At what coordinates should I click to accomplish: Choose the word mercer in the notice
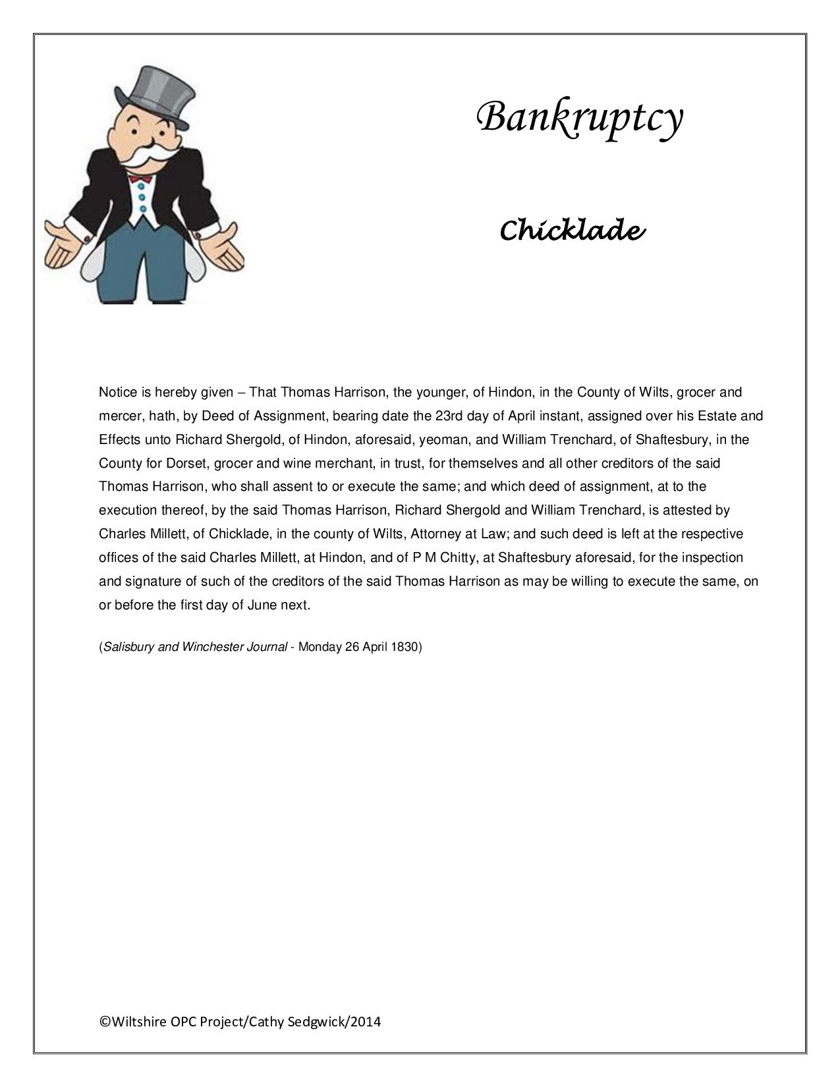click(117, 416)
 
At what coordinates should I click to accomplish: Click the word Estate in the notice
click(717, 416)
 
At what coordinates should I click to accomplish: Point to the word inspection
click(712, 557)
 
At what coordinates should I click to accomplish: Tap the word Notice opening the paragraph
click(117, 392)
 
